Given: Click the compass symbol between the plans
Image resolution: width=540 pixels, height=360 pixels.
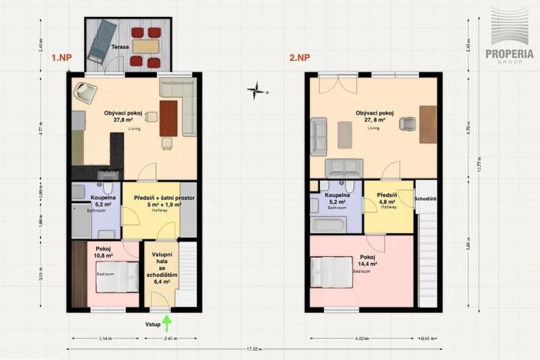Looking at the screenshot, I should [256, 92].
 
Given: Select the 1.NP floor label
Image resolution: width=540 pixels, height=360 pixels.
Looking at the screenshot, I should [62, 58].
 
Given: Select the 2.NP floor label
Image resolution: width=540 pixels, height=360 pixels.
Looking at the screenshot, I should [299, 58].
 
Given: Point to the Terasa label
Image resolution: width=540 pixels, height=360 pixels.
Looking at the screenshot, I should [119, 47].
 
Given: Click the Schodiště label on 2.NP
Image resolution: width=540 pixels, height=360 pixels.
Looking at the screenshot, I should [425, 198].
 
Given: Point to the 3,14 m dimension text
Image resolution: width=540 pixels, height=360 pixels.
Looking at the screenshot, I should [107, 338].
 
